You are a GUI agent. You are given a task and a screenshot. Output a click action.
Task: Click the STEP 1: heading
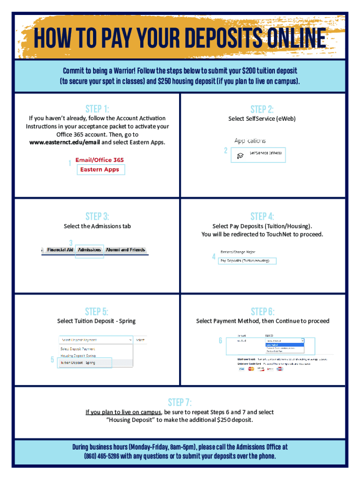97,109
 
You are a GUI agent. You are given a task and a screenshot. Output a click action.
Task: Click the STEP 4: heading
262,216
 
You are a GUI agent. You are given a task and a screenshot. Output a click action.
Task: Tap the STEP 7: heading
180,402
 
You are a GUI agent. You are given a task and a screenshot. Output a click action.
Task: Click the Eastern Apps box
101,169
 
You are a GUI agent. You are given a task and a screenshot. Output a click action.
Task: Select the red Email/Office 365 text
100,160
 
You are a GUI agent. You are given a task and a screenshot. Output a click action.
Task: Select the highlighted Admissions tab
90,250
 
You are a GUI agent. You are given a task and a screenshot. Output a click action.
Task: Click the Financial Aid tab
60,250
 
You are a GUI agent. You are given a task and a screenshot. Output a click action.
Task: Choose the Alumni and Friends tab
125,250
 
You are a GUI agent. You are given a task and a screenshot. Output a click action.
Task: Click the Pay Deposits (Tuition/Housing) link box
247,261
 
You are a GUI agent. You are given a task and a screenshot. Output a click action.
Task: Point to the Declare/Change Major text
238,252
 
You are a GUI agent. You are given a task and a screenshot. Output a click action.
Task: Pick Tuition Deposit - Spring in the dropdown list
78,363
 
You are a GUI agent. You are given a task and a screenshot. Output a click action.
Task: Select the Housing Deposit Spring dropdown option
78,356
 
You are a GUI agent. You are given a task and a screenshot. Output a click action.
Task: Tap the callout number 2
225,151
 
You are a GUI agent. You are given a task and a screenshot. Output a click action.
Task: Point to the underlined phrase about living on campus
123,412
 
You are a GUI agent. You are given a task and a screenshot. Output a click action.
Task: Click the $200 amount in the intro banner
249,71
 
